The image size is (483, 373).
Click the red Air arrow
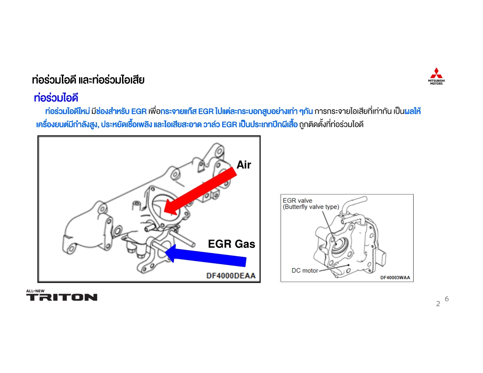[x=200, y=191]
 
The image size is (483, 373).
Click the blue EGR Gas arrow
[x=205, y=255]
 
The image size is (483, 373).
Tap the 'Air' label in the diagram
[x=244, y=165]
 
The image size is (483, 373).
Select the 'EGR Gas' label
[x=231, y=244]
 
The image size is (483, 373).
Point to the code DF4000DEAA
[x=231, y=276]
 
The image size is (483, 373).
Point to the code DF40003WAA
[x=395, y=278]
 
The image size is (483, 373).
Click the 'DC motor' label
[x=305, y=270]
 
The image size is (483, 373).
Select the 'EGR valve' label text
[x=297, y=201]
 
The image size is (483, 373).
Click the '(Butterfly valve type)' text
[x=311, y=207]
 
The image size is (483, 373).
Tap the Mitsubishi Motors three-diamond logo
[x=436, y=73]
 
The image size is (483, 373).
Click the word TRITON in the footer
[x=61, y=297]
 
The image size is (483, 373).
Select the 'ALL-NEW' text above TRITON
[x=35, y=291]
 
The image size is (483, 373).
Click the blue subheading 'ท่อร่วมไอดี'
[x=56, y=98]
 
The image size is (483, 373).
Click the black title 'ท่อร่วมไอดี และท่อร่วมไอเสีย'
[x=88, y=80]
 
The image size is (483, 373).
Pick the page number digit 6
[x=447, y=299]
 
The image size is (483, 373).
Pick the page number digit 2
[x=438, y=304]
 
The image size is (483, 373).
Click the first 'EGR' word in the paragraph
[x=139, y=111]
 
